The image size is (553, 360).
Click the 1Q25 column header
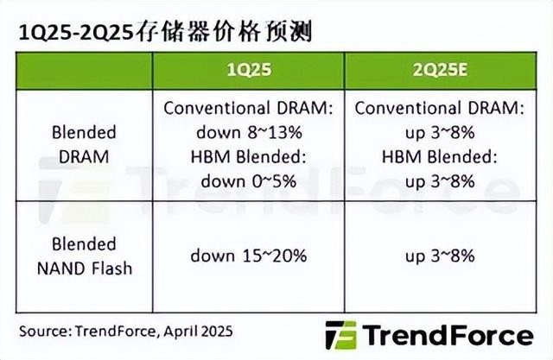(x=249, y=70)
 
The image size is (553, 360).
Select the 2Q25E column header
(x=440, y=70)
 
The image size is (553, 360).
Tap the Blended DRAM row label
(x=84, y=144)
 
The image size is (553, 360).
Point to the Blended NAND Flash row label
(x=85, y=256)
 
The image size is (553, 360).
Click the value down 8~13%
(x=249, y=133)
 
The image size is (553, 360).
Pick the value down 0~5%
(x=249, y=181)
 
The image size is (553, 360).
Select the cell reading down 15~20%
(x=249, y=256)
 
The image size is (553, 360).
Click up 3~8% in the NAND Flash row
(x=440, y=256)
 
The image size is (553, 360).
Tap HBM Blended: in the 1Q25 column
(x=249, y=157)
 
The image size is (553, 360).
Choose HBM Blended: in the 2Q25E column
(x=440, y=157)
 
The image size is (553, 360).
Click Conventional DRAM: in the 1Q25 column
(x=249, y=108)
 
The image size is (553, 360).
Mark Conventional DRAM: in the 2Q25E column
(x=440, y=108)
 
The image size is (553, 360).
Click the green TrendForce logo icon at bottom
(x=340, y=335)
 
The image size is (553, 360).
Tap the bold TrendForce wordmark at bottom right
(x=448, y=335)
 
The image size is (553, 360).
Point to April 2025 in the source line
(x=198, y=332)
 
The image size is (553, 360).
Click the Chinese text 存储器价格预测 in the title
(x=224, y=33)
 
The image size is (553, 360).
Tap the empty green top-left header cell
(x=85, y=71)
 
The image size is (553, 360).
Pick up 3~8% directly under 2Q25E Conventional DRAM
(x=440, y=133)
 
